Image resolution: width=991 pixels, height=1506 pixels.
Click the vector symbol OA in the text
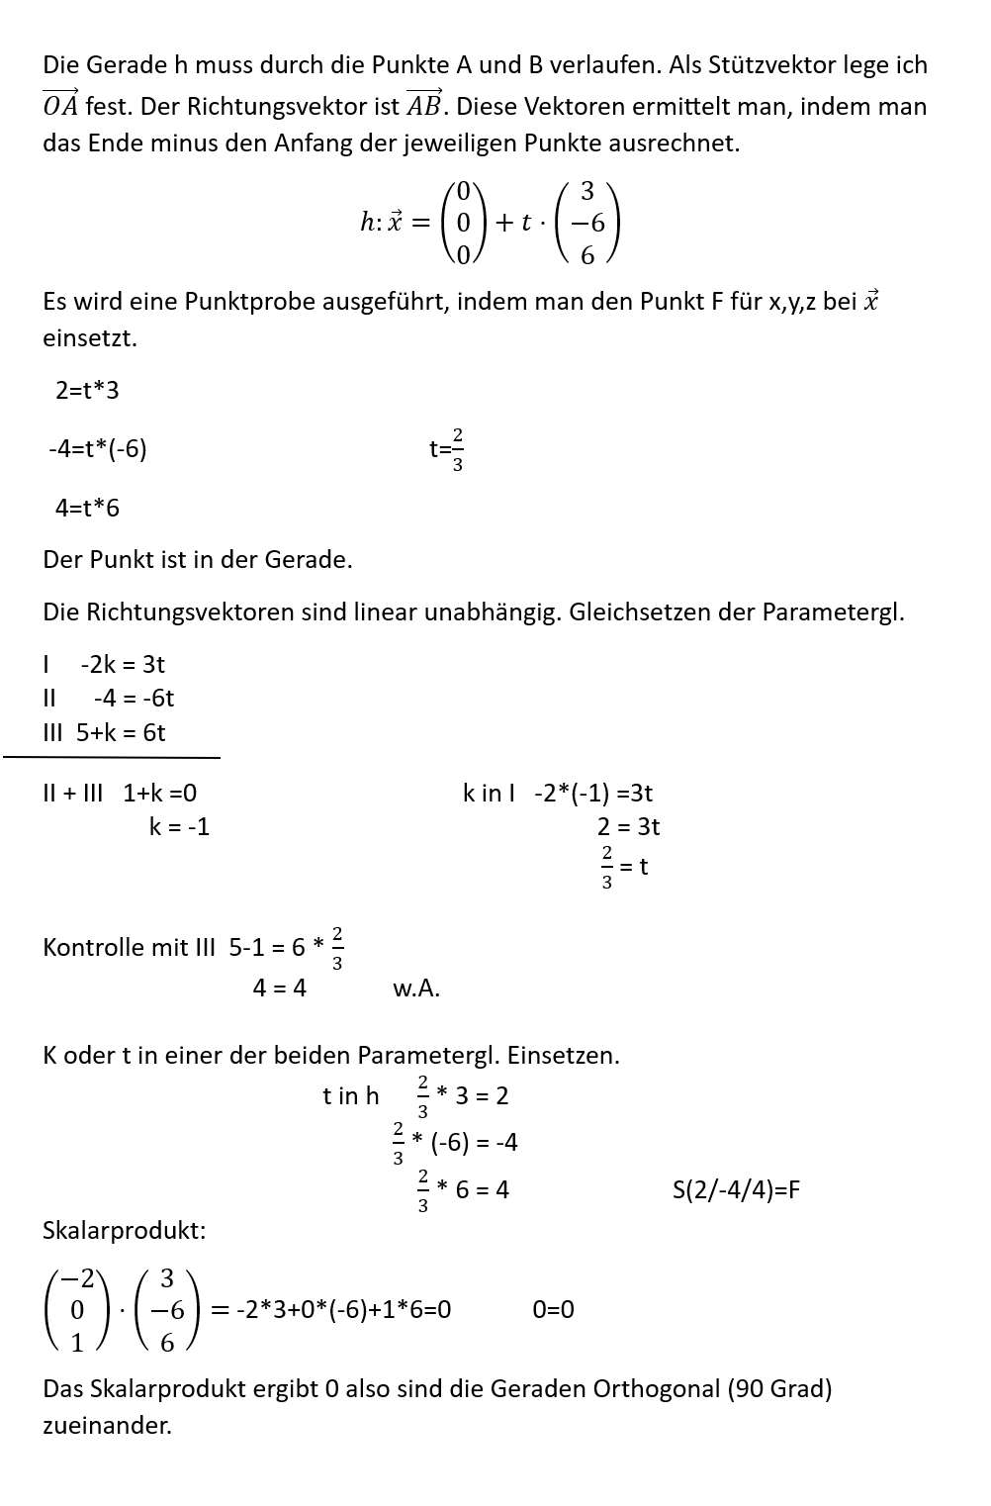[60, 104]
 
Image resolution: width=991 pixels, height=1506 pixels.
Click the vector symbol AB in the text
[425, 104]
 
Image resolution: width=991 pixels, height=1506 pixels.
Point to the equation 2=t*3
[87, 390]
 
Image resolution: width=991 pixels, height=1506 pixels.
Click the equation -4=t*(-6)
[98, 449]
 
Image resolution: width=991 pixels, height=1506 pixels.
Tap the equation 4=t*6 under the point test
[87, 508]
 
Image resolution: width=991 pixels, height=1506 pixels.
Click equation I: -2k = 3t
[122, 664]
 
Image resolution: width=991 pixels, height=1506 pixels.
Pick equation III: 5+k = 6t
[120, 732]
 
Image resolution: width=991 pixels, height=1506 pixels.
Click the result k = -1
[179, 826]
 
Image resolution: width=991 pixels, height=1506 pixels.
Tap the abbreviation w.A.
[416, 988]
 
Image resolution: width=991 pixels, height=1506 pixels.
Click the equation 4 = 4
[280, 988]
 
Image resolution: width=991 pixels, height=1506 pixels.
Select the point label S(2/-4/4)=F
[736, 1189]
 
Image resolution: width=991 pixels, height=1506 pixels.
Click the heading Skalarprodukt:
[125, 1231]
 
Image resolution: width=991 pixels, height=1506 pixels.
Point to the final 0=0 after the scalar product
[553, 1310]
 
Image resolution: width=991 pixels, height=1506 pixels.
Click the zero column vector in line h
[463, 222]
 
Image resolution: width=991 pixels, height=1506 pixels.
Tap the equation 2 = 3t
[628, 826]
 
